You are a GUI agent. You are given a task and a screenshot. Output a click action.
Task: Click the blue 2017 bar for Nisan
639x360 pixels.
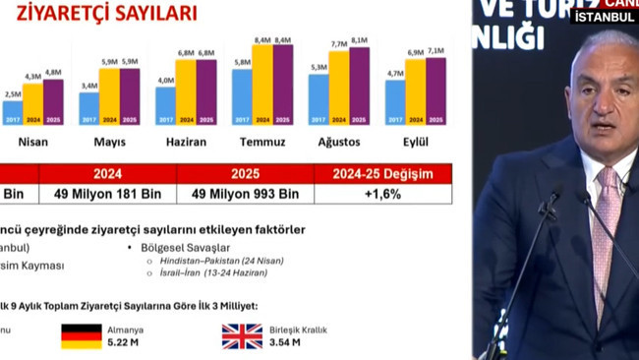click(x=13, y=111)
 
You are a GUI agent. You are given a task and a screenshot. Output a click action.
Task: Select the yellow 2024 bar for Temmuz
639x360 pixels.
click(x=262, y=84)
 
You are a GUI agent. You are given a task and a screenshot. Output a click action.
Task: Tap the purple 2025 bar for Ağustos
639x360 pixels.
click(x=359, y=86)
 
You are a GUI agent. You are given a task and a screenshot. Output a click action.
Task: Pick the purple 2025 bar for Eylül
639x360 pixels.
click(x=436, y=90)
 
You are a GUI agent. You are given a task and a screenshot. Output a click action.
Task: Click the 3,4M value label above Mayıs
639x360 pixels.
click(x=88, y=86)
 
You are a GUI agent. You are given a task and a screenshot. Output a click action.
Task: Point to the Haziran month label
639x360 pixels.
click(x=185, y=141)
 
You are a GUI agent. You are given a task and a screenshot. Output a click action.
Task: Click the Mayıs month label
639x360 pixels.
click(x=108, y=141)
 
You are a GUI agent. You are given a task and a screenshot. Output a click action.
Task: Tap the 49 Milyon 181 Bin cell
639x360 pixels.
click(x=108, y=194)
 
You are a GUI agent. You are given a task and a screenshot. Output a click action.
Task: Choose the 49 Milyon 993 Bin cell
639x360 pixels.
click(x=245, y=194)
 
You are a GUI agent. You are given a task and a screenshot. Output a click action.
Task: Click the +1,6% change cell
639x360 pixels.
click(x=382, y=194)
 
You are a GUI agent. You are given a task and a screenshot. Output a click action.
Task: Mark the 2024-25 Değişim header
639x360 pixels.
click(x=382, y=173)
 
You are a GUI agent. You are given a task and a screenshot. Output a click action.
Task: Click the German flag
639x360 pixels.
click(x=82, y=336)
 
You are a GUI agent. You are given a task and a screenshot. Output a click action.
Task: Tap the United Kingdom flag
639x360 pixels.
click(x=242, y=336)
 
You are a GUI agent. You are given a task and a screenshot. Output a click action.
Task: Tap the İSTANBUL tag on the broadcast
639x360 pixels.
click(x=604, y=17)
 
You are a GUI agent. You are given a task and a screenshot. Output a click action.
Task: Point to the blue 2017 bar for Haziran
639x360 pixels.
click(x=165, y=105)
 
